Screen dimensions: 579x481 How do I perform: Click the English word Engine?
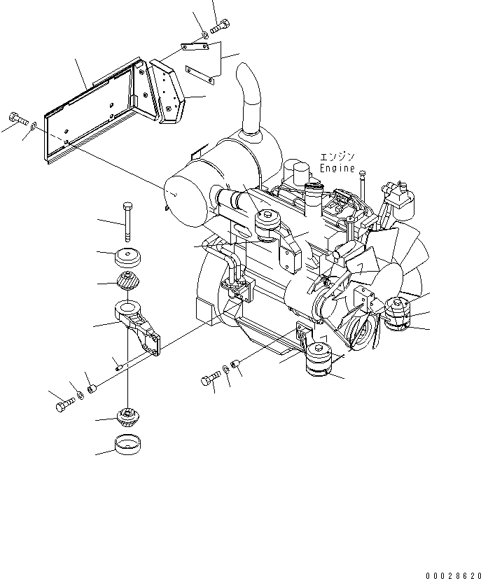point(337,169)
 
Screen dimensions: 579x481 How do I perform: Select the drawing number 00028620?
point(448,573)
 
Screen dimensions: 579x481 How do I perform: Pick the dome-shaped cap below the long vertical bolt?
point(127,257)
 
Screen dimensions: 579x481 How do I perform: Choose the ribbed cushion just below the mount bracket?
point(127,419)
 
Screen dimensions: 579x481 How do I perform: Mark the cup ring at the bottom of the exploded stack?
point(127,445)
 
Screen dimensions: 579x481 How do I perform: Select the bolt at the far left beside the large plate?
point(17,117)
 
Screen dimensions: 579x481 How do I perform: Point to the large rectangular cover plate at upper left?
point(91,116)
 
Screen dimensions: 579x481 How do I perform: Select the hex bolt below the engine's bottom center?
point(209,379)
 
